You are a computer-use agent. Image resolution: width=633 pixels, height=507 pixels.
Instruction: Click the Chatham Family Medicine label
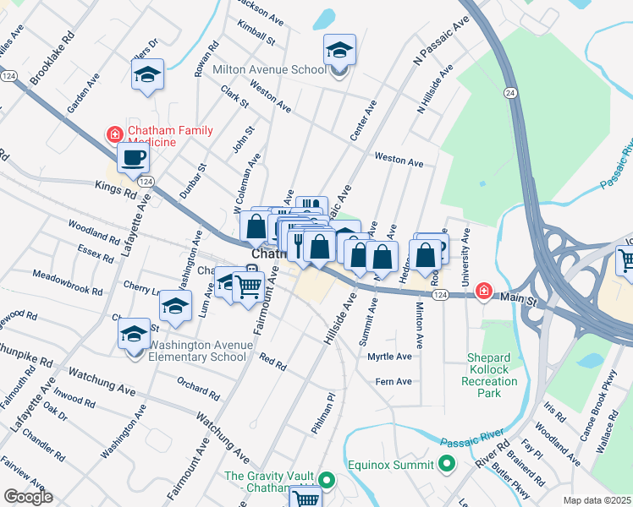[x=169, y=137]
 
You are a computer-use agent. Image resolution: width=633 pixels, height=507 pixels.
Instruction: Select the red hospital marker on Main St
[x=482, y=292]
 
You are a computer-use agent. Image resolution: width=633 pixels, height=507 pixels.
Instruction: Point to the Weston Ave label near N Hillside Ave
[x=399, y=160]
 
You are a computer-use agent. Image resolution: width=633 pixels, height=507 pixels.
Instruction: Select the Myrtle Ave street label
[x=389, y=357]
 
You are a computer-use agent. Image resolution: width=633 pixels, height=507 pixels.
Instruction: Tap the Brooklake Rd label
[x=52, y=60]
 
